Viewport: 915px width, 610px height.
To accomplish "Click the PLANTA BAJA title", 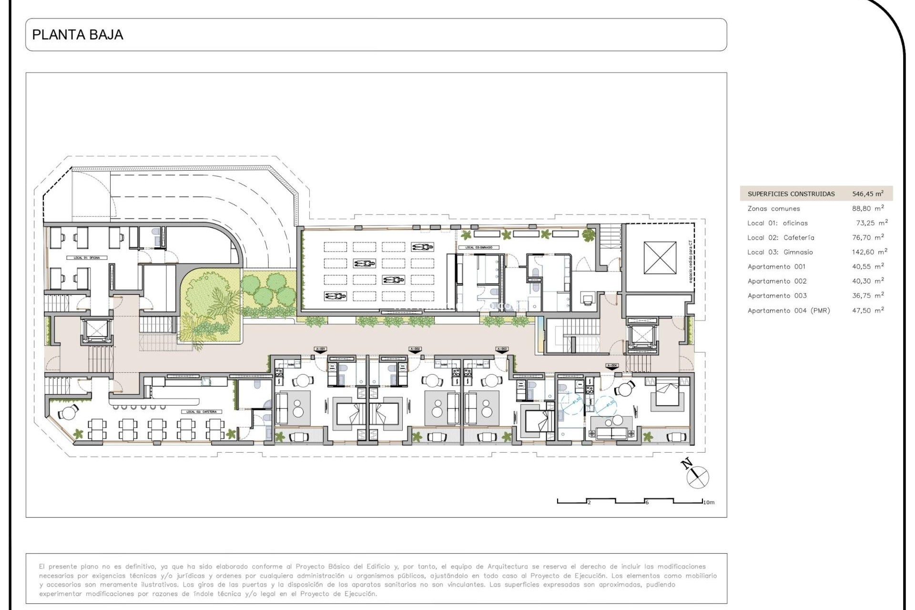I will pyautogui.click(x=78, y=35).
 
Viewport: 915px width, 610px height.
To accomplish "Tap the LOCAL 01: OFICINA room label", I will pyautogui.click(x=87, y=258).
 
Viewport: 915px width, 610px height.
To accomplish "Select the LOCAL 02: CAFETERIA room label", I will pyautogui.click(x=201, y=412).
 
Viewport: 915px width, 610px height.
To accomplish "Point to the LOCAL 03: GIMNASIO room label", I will pyautogui.click(x=478, y=247).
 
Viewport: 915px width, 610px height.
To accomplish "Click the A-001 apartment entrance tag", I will pyautogui.click(x=320, y=349).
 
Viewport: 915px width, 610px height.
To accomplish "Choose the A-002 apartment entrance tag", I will pyautogui.click(x=415, y=349).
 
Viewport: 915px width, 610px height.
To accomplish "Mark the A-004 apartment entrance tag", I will pyautogui.click(x=612, y=366).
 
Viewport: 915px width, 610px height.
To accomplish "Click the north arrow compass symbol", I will pyautogui.click(x=697, y=475).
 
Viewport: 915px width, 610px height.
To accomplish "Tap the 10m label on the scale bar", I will pyautogui.click(x=709, y=502).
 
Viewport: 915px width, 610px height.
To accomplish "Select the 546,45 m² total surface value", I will pyautogui.click(x=867, y=193).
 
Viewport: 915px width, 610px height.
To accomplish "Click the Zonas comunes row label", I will pyautogui.click(x=773, y=209).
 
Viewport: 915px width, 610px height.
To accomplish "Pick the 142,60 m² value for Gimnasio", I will pyautogui.click(x=869, y=252).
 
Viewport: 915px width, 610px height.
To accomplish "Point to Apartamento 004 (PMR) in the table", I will pyautogui.click(x=788, y=311).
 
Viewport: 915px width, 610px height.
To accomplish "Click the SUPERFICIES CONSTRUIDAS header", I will pyautogui.click(x=791, y=194).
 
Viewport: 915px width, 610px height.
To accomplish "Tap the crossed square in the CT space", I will pyautogui.click(x=660, y=257).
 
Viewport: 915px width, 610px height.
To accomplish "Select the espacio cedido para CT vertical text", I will pyautogui.click(x=691, y=262).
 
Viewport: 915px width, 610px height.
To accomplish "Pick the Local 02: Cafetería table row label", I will pyautogui.click(x=781, y=237).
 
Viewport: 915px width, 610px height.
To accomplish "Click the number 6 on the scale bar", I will pyautogui.click(x=647, y=502).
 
